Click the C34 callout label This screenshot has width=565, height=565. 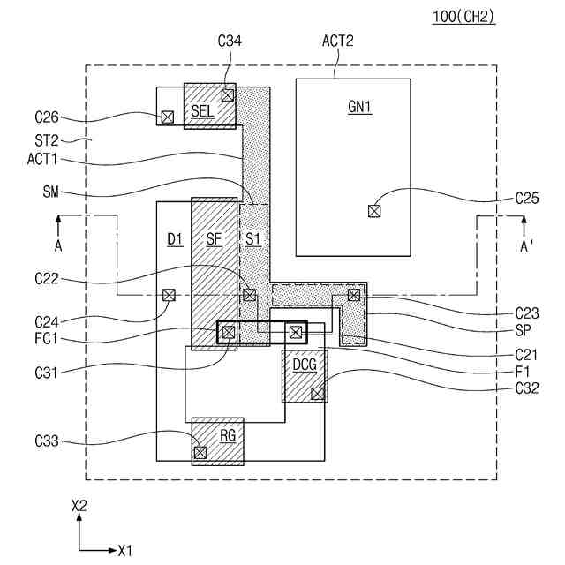tap(230, 40)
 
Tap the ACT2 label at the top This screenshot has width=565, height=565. tap(337, 40)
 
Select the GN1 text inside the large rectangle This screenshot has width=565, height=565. tap(359, 107)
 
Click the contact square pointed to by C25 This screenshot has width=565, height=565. tap(374, 210)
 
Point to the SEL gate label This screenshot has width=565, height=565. tap(202, 110)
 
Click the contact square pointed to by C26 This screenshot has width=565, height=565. tap(167, 117)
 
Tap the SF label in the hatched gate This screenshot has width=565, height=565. tap(215, 238)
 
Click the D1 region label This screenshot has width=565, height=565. tap(174, 238)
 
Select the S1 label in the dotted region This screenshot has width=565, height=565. tap(253, 238)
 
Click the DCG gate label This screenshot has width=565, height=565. tap(305, 364)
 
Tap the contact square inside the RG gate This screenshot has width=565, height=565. tap(200, 452)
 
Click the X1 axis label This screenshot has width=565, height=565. tap(124, 550)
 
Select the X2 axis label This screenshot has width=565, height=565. tap(79, 506)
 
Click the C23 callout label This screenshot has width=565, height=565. tap(528, 313)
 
